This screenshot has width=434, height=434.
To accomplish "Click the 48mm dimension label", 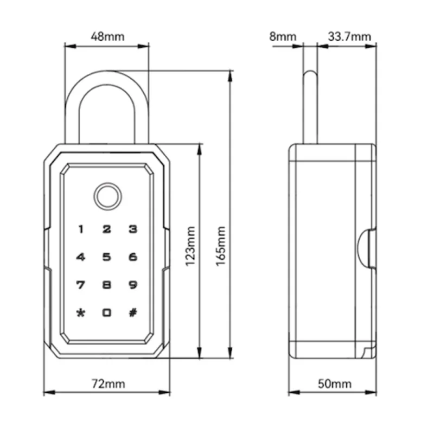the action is pos(107,36).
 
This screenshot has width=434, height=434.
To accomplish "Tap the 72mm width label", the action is pos(108,384).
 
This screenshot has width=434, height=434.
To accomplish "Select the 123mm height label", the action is pos(190,246).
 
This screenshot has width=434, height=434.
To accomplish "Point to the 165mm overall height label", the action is pos(221,246).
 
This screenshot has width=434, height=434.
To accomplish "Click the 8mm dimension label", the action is pos(283,36).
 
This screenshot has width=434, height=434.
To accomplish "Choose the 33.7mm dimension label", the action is pos(349,36).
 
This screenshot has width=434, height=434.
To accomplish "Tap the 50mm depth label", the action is pos(335,384).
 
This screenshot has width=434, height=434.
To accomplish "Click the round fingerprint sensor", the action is pos(108,196).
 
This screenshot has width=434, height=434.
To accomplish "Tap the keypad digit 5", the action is pos(107,257).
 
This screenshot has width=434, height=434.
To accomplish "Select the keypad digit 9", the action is pos(133,285).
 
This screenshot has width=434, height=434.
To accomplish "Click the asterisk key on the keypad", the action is pos(80,313).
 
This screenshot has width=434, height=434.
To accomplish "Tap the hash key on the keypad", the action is pos(133,313).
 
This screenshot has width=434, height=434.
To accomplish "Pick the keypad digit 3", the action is pos(133,229).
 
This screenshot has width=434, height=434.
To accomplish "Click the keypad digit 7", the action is pos(80,285).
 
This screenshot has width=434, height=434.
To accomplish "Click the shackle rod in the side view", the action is pos(310,107).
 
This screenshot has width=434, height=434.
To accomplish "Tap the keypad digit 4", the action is pos(80,257).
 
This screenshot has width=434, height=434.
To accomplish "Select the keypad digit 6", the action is pos(133,257).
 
